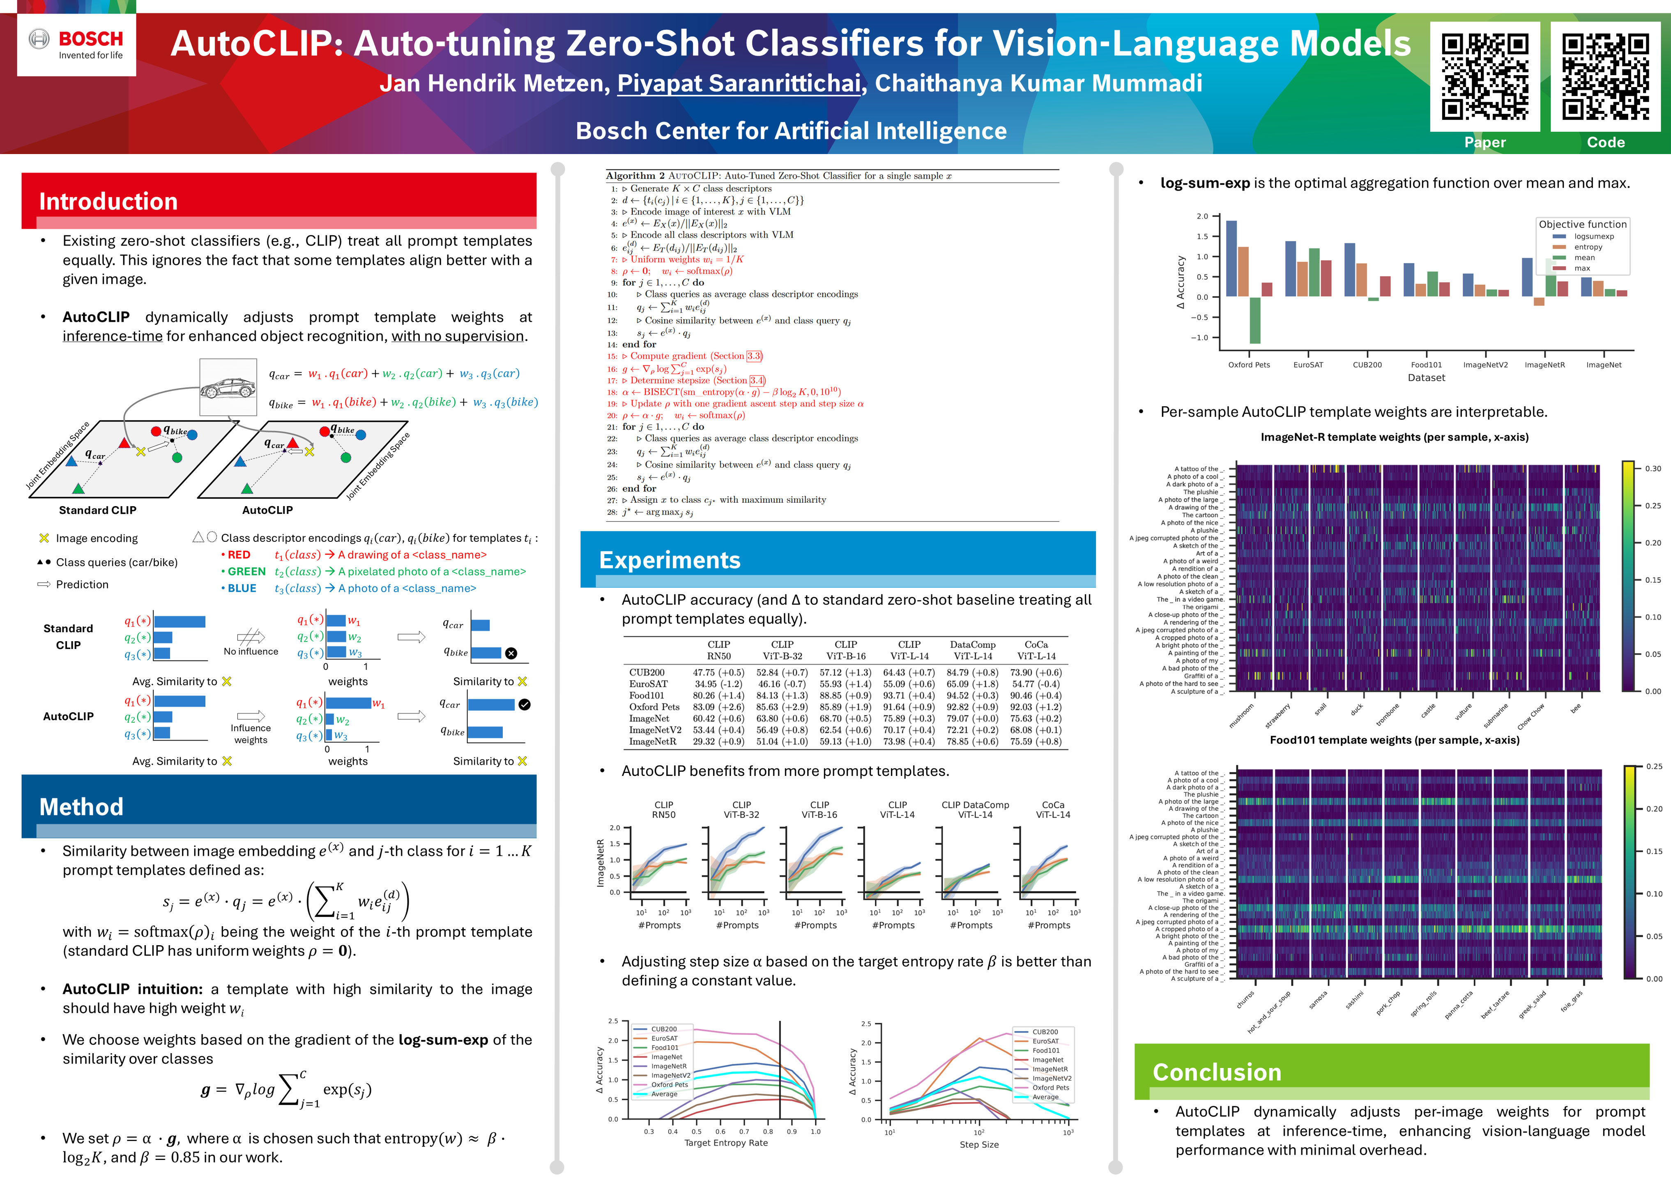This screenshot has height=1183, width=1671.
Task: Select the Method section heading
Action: coord(82,806)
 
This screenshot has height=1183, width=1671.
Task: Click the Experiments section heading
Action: coord(670,559)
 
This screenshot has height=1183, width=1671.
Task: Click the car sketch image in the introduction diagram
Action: coord(228,387)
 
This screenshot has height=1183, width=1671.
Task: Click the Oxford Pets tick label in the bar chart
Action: coord(1248,365)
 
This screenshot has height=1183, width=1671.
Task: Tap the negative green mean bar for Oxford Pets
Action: coord(1255,320)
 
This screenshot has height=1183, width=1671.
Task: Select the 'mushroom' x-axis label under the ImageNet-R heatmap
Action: coord(1241,715)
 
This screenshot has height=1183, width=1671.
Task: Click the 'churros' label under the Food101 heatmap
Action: coord(1245,999)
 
